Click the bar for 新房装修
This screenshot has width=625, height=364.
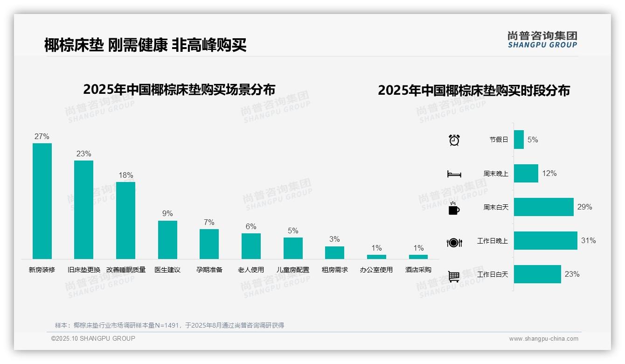click(x=42, y=201)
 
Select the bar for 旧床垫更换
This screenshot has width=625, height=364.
click(x=83, y=210)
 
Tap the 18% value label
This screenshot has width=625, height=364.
click(x=125, y=175)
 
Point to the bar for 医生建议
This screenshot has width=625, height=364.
click(x=167, y=239)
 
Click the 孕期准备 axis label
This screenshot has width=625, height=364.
click(x=209, y=270)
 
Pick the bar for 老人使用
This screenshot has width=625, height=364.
click(x=251, y=246)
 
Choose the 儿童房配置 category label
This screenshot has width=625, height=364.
click(x=293, y=270)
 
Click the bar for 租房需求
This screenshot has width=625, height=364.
click(x=334, y=252)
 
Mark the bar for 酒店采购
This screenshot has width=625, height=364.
click(x=418, y=257)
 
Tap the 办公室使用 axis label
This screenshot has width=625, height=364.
click(x=376, y=270)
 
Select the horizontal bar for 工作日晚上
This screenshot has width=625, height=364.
click(x=545, y=241)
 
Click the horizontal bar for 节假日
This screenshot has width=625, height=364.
click(x=519, y=140)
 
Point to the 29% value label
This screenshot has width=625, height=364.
click(x=584, y=207)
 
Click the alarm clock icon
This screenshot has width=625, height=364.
click(x=454, y=140)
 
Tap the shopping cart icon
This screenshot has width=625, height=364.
click(x=454, y=277)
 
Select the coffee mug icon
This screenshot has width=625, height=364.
click(x=454, y=209)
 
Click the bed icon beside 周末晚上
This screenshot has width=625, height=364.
click(x=454, y=174)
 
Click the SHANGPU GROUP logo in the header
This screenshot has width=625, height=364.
click(x=542, y=40)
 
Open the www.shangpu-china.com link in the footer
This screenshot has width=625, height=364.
click(x=543, y=339)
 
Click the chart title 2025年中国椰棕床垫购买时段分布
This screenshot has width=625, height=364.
click(x=474, y=91)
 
